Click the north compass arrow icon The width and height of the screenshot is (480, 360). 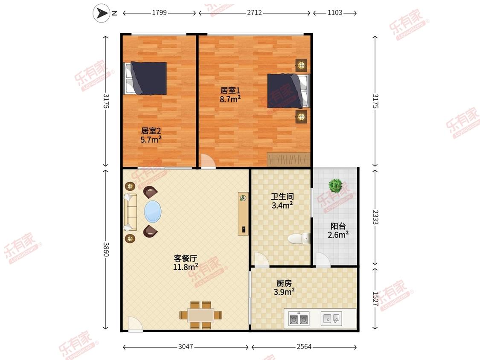pyautogui.click(x=101, y=13)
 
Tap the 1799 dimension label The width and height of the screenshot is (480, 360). pyautogui.click(x=159, y=12)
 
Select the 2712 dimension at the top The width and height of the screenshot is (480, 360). pyautogui.click(x=254, y=12)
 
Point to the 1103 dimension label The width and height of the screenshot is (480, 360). pyautogui.click(x=335, y=12)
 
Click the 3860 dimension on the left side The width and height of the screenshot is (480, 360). pyautogui.click(x=106, y=249)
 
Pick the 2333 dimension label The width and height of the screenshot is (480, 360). pyautogui.click(x=375, y=217)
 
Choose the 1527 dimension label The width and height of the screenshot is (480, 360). pyautogui.click(x=375, y=299)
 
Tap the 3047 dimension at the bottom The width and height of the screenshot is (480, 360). pyautogui.click(x=186, y=346)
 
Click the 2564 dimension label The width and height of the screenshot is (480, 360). pyautogui.click(x=304, y=346)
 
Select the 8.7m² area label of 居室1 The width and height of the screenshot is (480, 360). pyautogui.click(x=230, y=99)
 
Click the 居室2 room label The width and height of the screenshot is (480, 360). pyautogui.click(x=151, y=131)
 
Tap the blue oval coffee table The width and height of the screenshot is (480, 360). pyautogui.click(x=153, y=212)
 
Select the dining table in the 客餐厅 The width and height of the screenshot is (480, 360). pyautogui.click(x=201, y=315)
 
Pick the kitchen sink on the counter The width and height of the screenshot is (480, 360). pyautogui.click(x=331, y=319)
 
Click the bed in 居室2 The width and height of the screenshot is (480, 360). pyautogui.click(x=145, y=78)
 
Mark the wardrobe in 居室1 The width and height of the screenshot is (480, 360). pyautogui.click(x=288, y=160)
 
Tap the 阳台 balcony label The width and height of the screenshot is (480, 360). pyautogui.click(x=338, y=226)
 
